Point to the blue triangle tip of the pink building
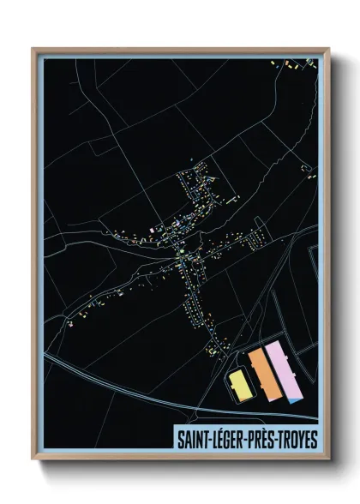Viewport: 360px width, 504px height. pos(296,397)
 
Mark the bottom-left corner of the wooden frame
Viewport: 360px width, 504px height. pos(33,461)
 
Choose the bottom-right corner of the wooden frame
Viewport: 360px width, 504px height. pos(327,461)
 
